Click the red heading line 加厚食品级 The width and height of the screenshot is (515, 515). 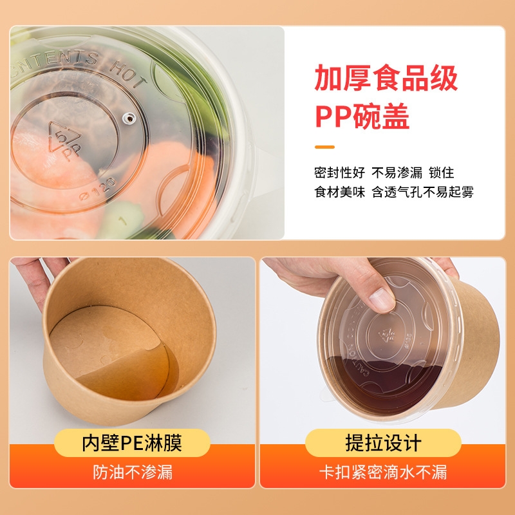click(x=386, y=79)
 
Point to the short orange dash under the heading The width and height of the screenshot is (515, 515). click(x=324, y=147)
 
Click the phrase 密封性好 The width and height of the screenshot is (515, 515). click(x=339, y=173)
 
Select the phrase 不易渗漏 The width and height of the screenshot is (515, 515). click(x=397, y=173)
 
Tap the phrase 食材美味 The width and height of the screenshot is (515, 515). click(x=339, y=192)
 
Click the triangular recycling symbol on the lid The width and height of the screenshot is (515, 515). click(x=64, y=138)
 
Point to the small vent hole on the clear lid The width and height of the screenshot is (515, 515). click(x=128, y=117)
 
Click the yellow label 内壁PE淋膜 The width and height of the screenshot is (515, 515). click(x=132, y=443)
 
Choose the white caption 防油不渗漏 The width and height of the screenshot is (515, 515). click(x=132, y=473)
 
